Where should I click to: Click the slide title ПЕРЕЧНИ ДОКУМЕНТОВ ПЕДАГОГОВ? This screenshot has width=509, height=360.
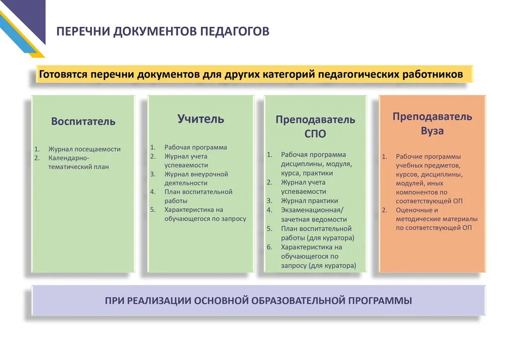point(163,31)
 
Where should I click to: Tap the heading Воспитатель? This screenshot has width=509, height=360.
point(83,121)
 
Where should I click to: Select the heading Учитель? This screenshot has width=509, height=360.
point(201,119)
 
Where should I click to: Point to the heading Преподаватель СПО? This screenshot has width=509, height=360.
point(315,126)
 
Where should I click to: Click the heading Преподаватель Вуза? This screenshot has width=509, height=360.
point(432,123)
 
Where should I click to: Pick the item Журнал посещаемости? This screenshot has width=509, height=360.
point(85,149)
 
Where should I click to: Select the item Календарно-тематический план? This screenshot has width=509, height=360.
point(79,162)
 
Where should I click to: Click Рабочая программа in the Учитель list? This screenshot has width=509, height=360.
point(196,147)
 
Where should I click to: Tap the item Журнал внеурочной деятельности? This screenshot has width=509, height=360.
point(196,179)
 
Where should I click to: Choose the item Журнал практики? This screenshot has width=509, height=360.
point(309,200)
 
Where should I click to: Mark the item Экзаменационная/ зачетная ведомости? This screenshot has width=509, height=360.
point(314,215)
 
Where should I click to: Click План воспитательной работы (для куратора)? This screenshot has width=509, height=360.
point(318,233)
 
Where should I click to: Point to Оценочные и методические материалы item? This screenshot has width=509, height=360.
point(436,219)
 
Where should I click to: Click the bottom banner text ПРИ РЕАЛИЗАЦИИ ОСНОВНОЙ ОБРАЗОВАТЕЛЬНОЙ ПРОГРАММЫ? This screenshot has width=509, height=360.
point(258,300)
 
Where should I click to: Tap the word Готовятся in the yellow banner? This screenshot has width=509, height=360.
point(63,75)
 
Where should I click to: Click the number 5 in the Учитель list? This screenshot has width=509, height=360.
point(153,210)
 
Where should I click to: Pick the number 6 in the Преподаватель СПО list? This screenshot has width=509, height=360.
point(269,247)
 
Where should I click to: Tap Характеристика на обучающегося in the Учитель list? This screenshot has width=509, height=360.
point(205,214)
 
